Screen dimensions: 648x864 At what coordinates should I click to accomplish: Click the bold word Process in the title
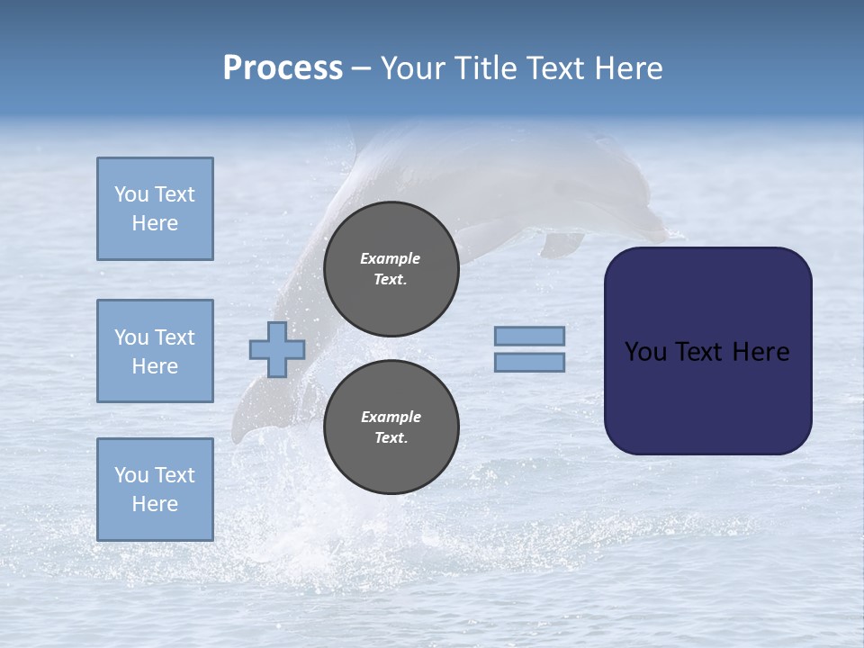click(283, 68)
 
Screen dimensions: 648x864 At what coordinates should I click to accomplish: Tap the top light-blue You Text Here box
click(155, 209)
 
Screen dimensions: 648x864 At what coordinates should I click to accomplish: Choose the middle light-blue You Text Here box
click(155, 351)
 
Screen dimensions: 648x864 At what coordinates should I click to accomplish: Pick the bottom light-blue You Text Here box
click(155, 490)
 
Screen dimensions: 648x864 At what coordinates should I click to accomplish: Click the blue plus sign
click(277, 349)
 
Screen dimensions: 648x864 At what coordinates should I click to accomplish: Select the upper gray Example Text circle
click(391, 268)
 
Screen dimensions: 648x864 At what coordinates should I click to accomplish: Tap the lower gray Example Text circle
click(391, 427)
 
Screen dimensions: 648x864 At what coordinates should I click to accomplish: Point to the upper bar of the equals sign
click(529, 337)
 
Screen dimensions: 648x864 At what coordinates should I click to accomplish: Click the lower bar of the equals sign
click(529, 363)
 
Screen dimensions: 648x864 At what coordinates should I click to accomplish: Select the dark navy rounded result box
click(707, 396)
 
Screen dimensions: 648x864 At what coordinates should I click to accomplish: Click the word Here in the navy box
click(760, 352)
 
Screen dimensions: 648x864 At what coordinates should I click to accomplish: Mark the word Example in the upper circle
click(391, 258)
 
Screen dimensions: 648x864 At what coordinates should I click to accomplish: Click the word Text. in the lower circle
click(391, 438)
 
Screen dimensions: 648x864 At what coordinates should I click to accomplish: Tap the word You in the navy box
click(645, 352)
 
